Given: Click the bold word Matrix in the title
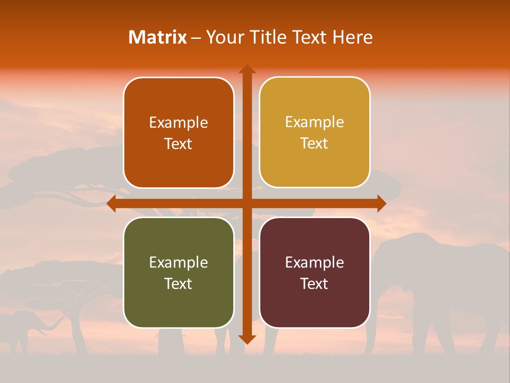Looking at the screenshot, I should tap(158, 37).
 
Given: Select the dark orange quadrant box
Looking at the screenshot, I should tap(178, 133).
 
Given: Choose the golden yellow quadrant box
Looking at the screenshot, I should tap(314, 132).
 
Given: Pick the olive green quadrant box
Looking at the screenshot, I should tap(178, 272).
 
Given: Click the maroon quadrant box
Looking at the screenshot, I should tap(314, 272).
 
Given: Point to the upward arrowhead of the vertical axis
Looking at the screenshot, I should tap(246, 69).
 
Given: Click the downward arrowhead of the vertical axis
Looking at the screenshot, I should tap(246, 339).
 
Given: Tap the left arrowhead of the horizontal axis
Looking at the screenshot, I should tap(112, 203).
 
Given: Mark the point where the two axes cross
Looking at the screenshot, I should tap(246, 203).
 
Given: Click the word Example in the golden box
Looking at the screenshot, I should tap(314, 122).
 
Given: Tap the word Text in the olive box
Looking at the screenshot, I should tap(178, 284).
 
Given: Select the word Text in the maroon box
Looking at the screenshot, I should tap(314, 284).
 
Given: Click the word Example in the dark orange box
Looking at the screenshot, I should tap(178, 122).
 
